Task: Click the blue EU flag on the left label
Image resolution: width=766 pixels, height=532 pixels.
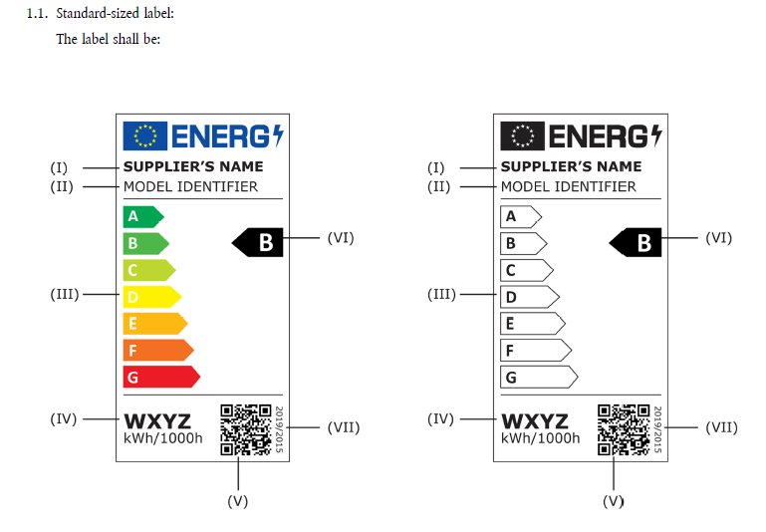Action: click(x=144, y=134)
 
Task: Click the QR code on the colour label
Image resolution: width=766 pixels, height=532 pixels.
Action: click(x=245, y=429)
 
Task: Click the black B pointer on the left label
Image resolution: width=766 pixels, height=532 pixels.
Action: click(x=260, y=241)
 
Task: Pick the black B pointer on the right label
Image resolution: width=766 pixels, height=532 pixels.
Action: click(x=638, y=241)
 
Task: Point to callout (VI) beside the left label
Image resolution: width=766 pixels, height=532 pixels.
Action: click(x=341, y=238)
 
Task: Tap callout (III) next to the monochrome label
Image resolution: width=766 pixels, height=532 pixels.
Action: click(x=440, y=295)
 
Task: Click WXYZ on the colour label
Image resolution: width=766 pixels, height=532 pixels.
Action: click(x=157, y=421)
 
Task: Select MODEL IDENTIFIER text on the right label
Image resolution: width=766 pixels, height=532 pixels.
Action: click(x=568, y=186)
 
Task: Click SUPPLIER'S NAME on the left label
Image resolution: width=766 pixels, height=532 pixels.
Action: click(x=193, y=166)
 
